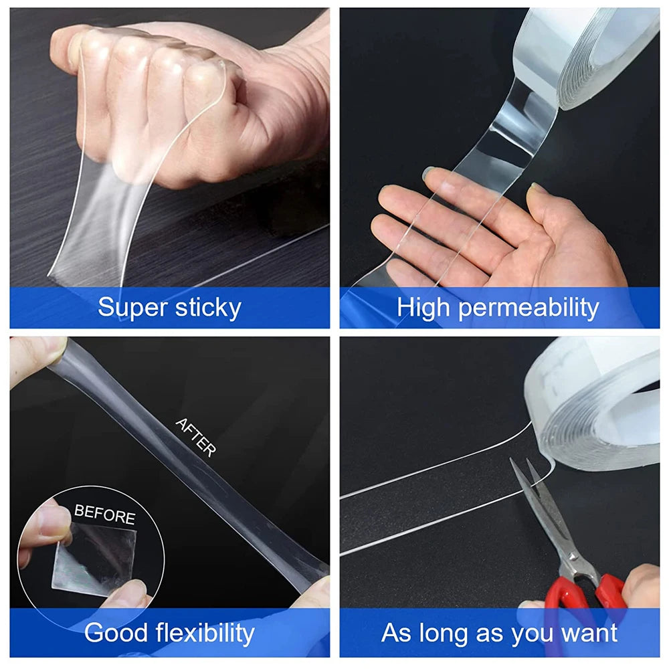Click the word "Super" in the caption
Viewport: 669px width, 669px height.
tap(132, 308)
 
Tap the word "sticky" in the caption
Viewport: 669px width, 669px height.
tap(207, 308)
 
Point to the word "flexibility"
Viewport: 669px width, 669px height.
tap(205, 633)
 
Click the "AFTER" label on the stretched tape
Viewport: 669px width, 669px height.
tap(195, 437)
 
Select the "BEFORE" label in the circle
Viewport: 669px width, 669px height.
tap(104, 515)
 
